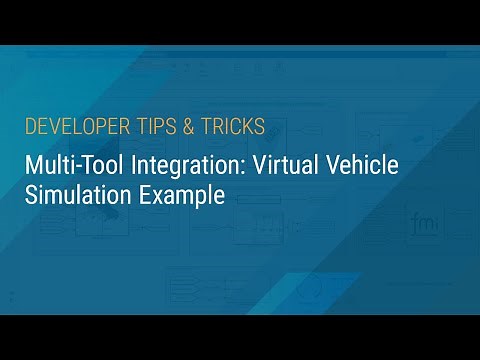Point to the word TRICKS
coord(233,127)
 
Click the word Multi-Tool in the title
coord(71,166)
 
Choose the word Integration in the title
coord(178,166)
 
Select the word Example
coord(178,195)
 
